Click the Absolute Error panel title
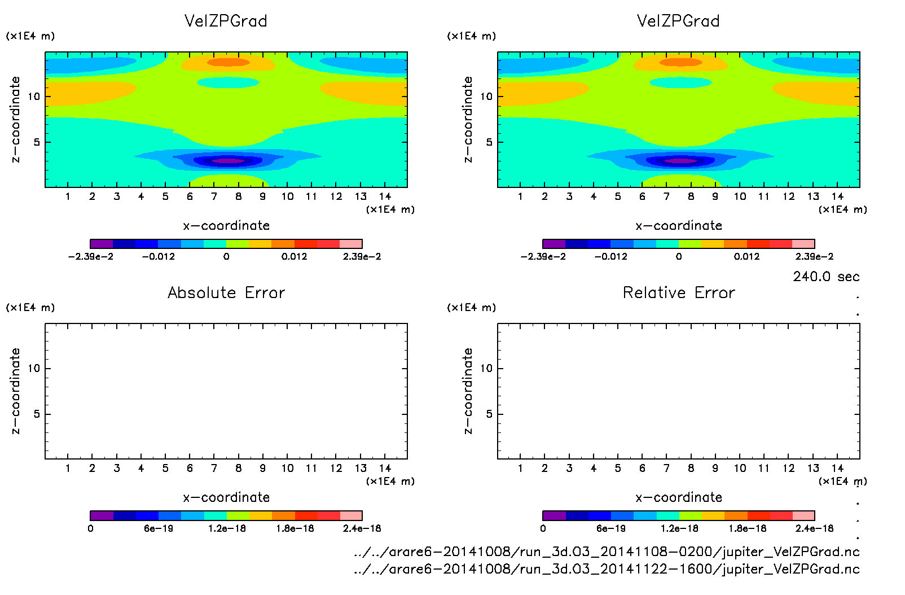click(x=226, y=292)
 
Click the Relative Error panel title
click(x=679, y=292)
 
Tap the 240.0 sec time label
click(x=826, y=277)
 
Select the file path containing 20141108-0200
click(x=607, y=552)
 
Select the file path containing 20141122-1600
click(x=607, y=569)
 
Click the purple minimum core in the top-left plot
click(x=228, y=161)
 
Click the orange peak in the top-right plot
click(x=681, y=62)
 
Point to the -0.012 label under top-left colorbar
click(x=159, y=256)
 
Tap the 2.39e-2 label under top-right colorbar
click(x=814, y=256)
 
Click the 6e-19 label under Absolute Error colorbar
click(x=159, y=528)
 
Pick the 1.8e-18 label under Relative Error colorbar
click(x=748, y=528)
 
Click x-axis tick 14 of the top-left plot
click(x=385, y=196)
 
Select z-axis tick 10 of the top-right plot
click(x=486, y=97)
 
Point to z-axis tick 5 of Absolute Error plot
click(x=37, y=414)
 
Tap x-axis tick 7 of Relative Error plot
click(x=666, y=468)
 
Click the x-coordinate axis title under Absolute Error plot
click(x=226, y=497)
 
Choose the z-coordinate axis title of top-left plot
click(x=15, y=119)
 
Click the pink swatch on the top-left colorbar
click(x=351, y=244)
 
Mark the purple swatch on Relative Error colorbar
click(x=554, y=515)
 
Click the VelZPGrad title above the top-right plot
click(x=678, y=21)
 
